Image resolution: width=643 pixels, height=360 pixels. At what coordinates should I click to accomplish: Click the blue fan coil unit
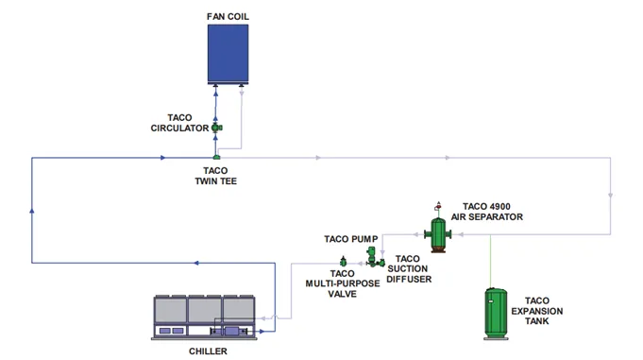[228, 54]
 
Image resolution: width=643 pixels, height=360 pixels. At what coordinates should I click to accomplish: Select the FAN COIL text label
[228, 15]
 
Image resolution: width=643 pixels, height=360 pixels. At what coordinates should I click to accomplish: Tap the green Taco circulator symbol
[216, 128]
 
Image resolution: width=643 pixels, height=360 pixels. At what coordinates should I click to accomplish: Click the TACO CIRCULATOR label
[180, 123]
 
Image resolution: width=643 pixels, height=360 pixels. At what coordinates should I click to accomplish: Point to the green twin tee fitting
[216, 157]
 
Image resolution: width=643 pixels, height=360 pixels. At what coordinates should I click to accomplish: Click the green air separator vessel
[437, 232]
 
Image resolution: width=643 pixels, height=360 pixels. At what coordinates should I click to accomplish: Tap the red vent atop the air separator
[437, 205]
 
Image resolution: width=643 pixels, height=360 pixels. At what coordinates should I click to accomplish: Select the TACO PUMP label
[350, 240]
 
